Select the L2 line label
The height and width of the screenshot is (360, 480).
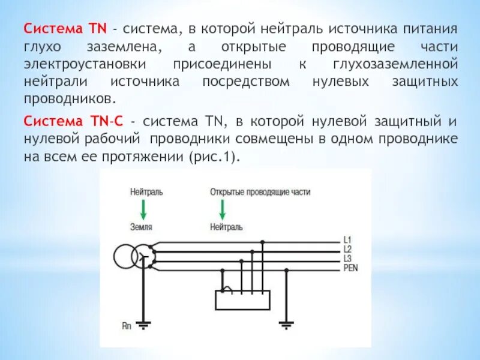(347, 249)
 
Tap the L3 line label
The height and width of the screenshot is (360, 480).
(347, 258)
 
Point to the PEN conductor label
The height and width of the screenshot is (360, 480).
(350, 268)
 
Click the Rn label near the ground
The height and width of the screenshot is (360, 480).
(127, 326)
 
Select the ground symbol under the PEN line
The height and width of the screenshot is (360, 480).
(287, 325)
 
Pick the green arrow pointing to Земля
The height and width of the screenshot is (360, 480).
(143, 209)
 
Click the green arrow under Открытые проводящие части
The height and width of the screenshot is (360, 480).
(222, 209)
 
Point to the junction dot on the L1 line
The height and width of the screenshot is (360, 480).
(262, 242)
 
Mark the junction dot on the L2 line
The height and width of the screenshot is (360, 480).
(251, 252)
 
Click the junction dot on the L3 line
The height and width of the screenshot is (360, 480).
(241, 261)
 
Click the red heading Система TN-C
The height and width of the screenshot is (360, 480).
(73, 120)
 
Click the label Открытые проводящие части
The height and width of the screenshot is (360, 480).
(260, 192)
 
